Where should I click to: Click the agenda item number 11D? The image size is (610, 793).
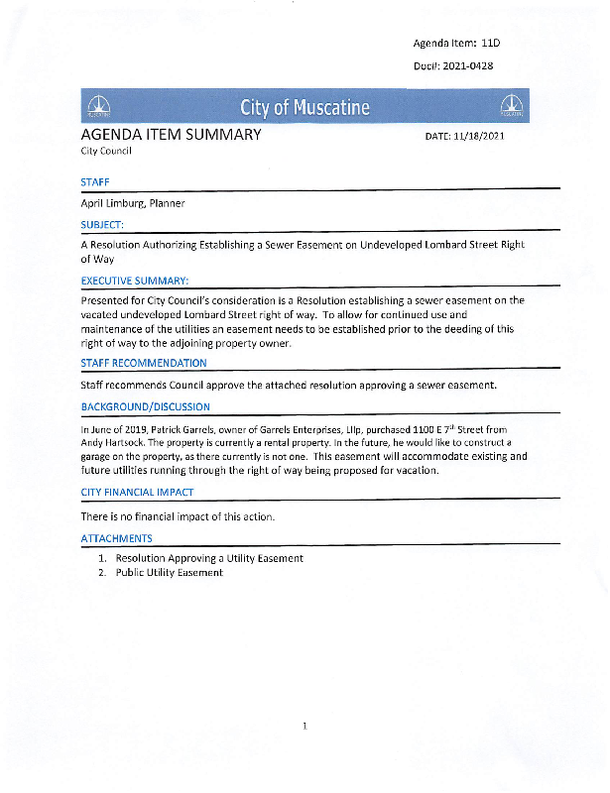pos(491,44)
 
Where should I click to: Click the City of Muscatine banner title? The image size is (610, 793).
pos(305,107)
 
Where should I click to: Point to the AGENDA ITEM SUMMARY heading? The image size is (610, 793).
pos(171,134)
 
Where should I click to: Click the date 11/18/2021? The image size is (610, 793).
pos(479,136)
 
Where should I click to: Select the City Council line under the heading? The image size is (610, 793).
pos(106,152)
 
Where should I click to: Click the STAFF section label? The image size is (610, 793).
pos(95,182)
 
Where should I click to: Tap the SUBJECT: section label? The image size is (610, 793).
pos(102,224)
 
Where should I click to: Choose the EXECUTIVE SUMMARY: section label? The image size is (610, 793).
pos(135,281)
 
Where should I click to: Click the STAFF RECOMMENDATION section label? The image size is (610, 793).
pos(144,364)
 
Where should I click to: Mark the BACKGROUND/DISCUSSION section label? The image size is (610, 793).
pos(145,406)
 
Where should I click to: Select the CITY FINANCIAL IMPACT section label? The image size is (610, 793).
pos(137,492)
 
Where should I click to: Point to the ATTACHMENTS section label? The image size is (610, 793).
pos(116,538)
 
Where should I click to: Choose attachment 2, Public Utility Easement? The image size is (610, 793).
pos(170,573)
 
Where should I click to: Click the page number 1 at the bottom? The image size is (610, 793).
pos(305,727)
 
